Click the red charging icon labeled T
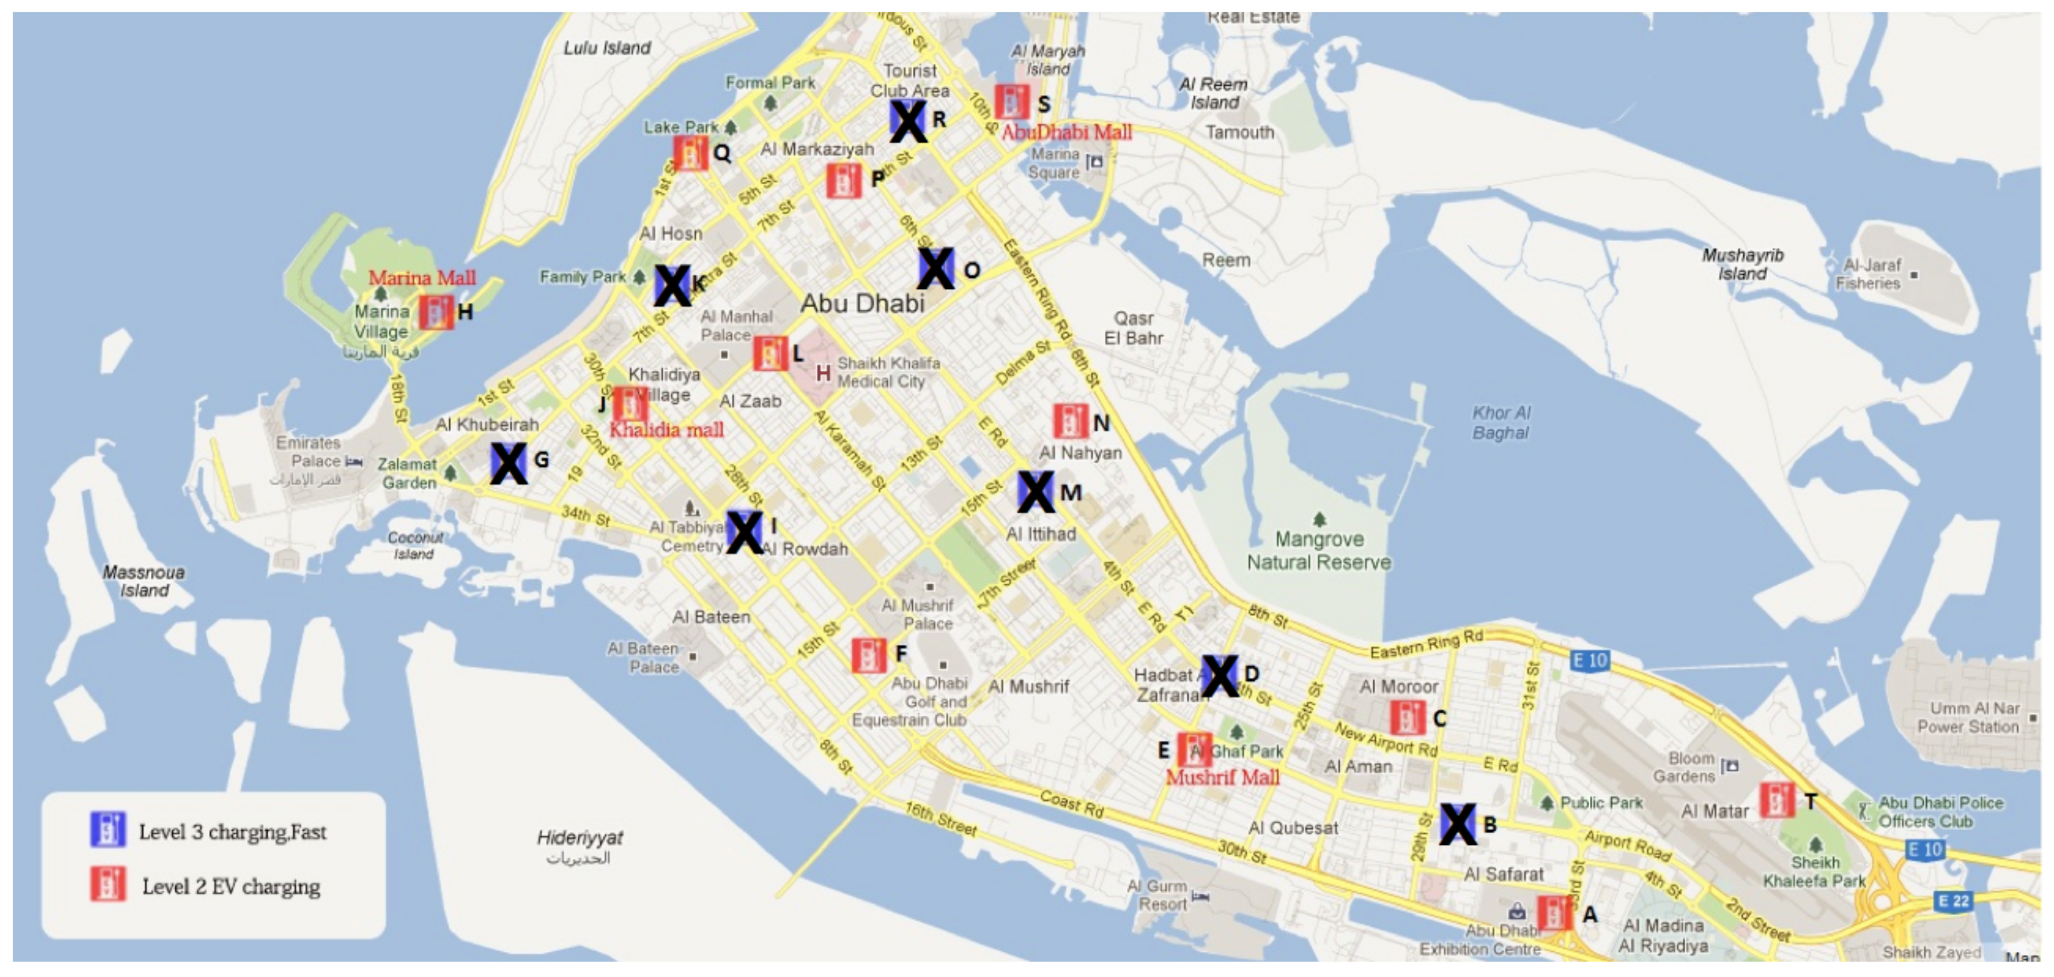point(1777,800)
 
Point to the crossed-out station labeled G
point(508,462)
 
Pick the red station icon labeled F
point(868,655)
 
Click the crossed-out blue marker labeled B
point(1458,824)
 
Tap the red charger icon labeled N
point(1070,421)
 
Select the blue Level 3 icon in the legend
point(107,829)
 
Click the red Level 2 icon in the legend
point(107,885)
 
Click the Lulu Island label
point(607,48)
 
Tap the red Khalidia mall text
point(667,430)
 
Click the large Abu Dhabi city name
point(862,303)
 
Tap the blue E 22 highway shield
point(1952,902)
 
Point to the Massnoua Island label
point(144,580)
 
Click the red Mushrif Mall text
point(1222,777)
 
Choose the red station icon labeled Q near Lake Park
point(690,152)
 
